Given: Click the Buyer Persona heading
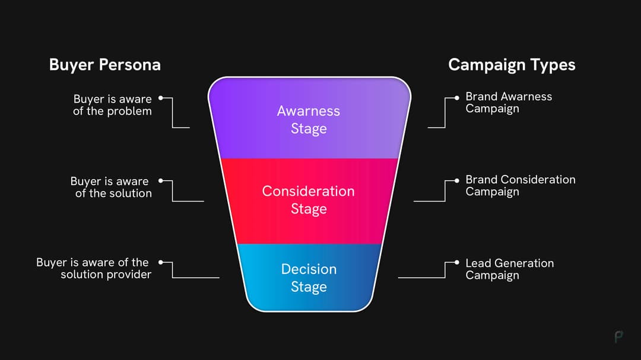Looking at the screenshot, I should (x=104, y=65).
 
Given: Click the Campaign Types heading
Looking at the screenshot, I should (x=512, y=65).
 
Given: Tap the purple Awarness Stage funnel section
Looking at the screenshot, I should (x=309, y=119).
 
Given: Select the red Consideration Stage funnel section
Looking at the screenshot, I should (x=309, y=200).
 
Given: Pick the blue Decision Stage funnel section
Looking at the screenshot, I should (x=309, y=278).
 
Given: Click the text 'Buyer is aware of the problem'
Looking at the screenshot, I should (x=112, y=105).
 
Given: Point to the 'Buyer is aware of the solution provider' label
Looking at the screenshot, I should (x=93, y=268).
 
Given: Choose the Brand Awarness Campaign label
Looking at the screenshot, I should (x=509, y=103).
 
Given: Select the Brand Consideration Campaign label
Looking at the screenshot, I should (x=520, y=185).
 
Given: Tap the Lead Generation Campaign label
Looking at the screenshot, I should (x=509, y=269).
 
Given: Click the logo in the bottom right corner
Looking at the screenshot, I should (x=619, y=336).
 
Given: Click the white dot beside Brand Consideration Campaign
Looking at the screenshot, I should (x=456, y=180).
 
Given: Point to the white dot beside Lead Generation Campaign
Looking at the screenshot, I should (x=456, y=262).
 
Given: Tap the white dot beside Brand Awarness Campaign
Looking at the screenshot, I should (x=456, y=97).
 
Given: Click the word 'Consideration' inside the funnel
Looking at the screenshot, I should (x=308, y=191).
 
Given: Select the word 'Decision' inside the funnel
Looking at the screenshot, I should (x=309, y=269).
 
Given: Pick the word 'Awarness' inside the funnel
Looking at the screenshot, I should (x=309, y=111).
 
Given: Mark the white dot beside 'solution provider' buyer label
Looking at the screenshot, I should (x=161, y=261).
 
